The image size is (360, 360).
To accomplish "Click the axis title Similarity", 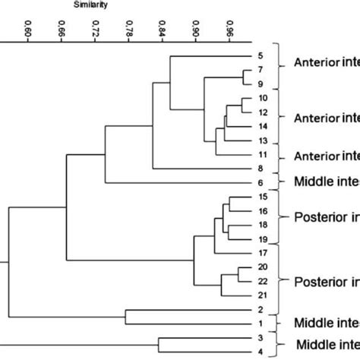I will [90, 5].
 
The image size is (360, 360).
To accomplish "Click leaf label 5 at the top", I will [260, 56].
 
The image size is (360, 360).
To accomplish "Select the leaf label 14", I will [263, 126].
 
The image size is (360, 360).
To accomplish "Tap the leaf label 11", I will [263, 154].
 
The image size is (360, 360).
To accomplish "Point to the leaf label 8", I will [260, 168].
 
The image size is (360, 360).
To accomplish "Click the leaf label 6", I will [260, 182].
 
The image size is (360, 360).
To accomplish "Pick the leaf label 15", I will [263, 197].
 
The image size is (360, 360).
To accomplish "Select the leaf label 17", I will [263, 253].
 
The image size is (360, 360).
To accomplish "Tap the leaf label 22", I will [263, 281].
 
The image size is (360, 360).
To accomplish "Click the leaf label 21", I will [263, 295].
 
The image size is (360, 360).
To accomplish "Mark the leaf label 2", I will [260, 310].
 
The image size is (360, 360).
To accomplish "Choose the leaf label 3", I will [260, 337].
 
